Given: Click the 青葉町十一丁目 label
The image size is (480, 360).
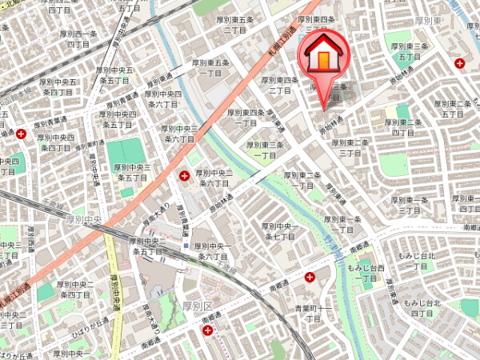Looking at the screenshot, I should coord(313,311).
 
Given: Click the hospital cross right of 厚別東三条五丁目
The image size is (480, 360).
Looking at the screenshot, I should coord(459,63).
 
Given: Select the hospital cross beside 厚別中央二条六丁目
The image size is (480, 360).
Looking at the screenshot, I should coord(186,174).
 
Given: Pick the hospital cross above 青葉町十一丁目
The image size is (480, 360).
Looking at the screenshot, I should coord(310,277).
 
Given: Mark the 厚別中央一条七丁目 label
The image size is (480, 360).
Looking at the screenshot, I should coord(281,232).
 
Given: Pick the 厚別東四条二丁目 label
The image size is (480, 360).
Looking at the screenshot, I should coord(280,85).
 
